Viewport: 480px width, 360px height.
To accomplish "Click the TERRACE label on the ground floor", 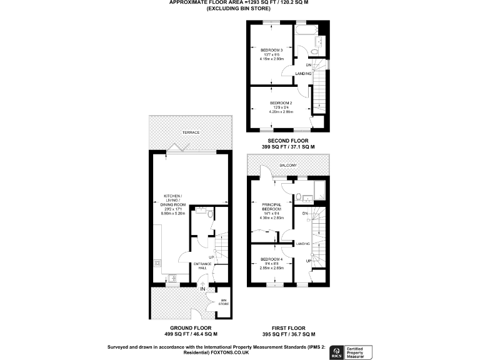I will point(191,133).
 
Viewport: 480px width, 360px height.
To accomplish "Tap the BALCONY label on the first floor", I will point(288,166).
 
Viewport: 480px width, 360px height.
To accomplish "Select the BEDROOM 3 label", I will point(272,50).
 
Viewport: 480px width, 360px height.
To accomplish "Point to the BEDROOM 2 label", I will point(281,102).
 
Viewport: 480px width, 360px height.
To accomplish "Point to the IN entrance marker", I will point(202,289).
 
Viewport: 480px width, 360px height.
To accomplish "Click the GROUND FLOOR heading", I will point(191,327).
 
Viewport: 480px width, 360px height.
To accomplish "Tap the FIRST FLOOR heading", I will point(288,327).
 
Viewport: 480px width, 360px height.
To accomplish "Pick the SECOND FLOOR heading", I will point(288,141).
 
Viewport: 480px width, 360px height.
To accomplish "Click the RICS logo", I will point(335,351).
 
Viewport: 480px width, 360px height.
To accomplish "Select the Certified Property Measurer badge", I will point(359,351).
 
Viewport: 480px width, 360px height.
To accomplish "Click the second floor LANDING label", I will point(304,74).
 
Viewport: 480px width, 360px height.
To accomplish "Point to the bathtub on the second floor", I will point(306,29).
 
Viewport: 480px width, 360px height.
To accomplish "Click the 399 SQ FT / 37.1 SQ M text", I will point(288,147).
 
